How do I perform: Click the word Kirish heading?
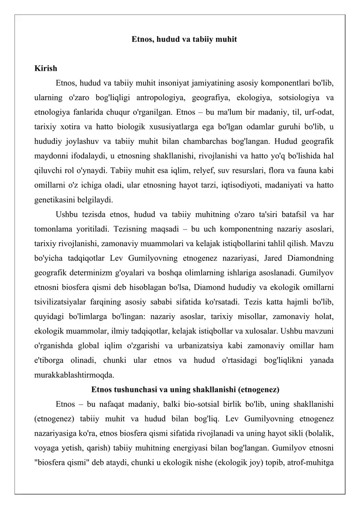pos(46,69)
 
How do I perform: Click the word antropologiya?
pos(155,98)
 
